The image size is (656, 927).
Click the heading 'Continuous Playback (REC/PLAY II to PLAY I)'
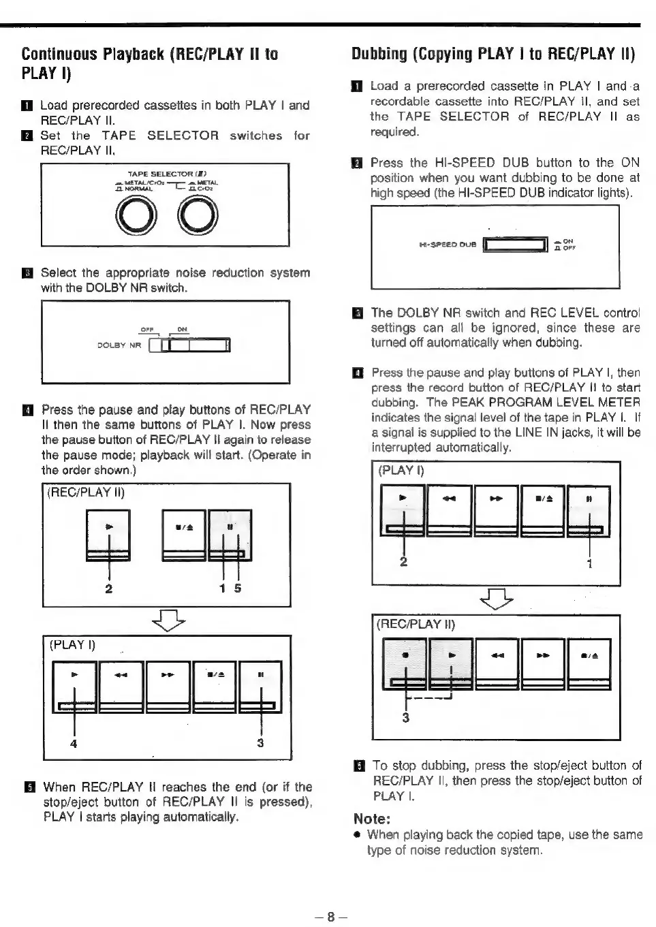pyautogui.click(x=150, y=63)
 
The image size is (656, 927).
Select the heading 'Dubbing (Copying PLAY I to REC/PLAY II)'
pyautogui.click(x=493, y=54)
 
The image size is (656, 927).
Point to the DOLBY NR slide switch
pyautogui.click(x=190, y=346)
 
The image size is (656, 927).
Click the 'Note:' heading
pyautogui.click(x=371, y=819)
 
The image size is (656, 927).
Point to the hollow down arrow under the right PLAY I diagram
pyautogui.click(x=497, y=599)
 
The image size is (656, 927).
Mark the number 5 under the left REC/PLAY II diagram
pyautogui.click(x=238, y=588)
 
